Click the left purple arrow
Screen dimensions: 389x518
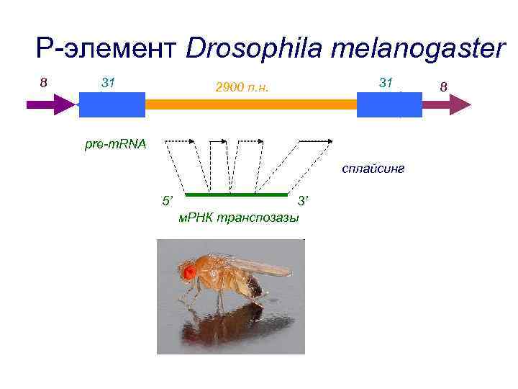tap(51, 104)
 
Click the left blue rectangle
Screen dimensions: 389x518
tap(112, 104)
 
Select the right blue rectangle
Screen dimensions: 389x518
tap(389, 104)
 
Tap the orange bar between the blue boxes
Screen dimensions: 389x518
tap(251, 104)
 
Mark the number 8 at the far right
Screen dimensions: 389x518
tap(444, 86)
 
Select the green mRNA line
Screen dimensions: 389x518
tap(235, 194)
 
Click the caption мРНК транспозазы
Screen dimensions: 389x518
tap(238, 218)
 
